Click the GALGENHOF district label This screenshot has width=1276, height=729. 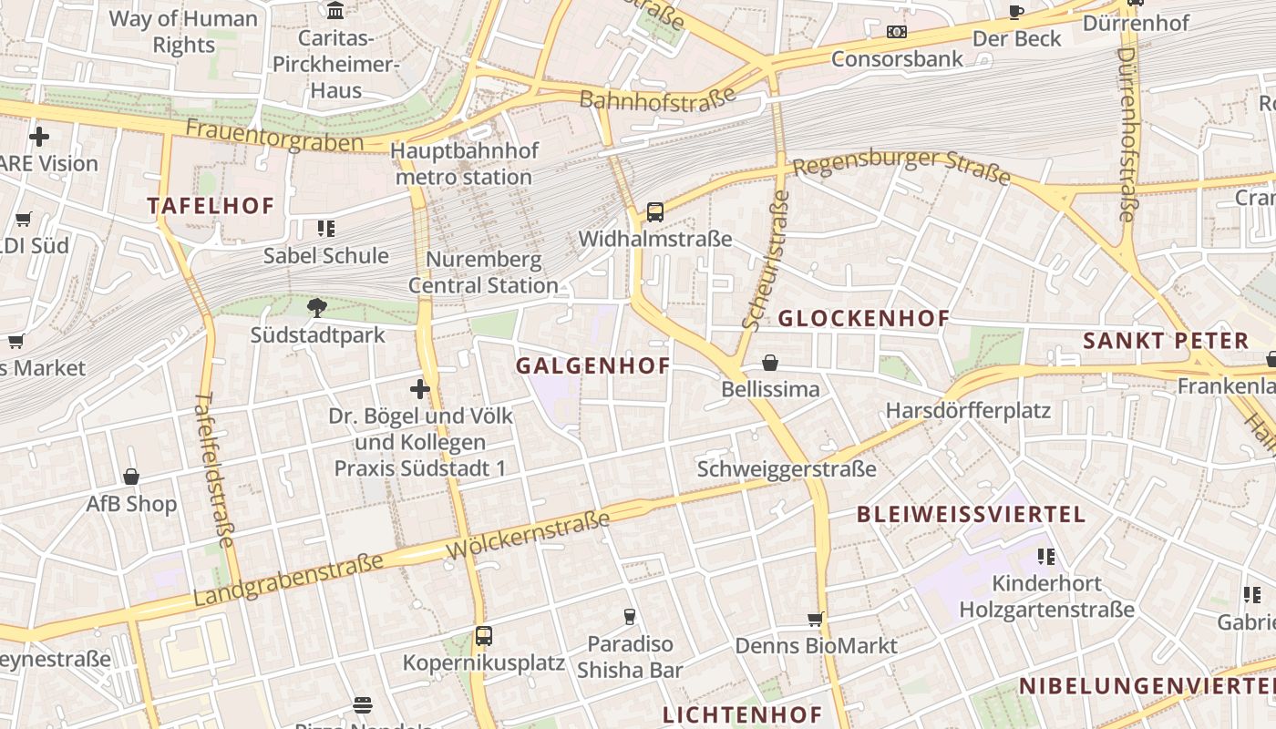[592, 366]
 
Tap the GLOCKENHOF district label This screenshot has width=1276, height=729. [863, 318]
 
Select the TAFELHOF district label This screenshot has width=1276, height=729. [211, 206]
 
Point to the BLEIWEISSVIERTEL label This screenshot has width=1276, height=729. [971, 514]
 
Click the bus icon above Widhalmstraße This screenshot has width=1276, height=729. [654, 212]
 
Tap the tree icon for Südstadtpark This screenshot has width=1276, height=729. [317, 307]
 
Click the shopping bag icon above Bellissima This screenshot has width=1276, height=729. [770, 363]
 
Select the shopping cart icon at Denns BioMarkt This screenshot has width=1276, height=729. [816, 620]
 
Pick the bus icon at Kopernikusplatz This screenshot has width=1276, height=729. [484, 636]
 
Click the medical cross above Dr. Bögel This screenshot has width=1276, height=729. [419, 389]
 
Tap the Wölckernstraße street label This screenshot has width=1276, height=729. [529, 536]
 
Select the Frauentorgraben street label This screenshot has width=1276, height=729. [273, 135]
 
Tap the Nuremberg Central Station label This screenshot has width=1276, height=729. [483, 272]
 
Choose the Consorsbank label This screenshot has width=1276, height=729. [897, 59]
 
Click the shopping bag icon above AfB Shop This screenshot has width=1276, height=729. [131, 477]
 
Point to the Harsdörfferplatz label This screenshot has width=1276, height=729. [968, 410]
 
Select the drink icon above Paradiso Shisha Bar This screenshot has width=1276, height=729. [629, 617]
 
